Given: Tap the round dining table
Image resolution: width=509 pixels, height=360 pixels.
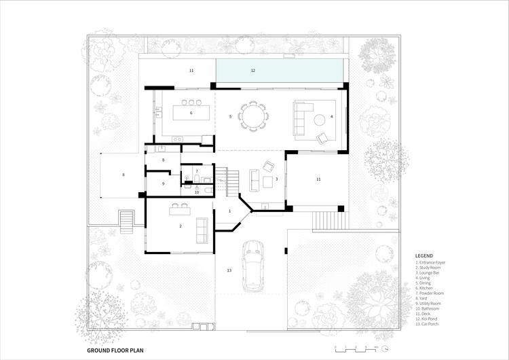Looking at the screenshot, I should [x=254, y=116].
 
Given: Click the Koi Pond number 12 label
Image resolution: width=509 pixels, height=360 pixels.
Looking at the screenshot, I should [x=252, y=70].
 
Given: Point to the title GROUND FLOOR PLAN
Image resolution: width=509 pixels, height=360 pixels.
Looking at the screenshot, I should [x=115, y=350].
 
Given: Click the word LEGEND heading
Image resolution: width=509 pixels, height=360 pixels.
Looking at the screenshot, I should [x=424, y=256].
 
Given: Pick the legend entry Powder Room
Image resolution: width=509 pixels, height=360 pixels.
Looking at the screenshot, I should [x=432, y=290].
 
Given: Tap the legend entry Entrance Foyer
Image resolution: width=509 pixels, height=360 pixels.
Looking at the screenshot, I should [x=434, y=263].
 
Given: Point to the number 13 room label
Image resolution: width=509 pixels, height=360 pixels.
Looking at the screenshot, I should [x=229, y=270].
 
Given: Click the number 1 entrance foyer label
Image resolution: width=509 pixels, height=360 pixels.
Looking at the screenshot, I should [x=229, y=211].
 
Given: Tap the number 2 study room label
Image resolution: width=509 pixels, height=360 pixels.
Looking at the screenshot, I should [x=181, y=226].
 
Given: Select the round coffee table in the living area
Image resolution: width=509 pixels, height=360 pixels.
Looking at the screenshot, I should [x=318, y=120].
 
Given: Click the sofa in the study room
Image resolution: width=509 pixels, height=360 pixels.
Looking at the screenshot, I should [x=202, y=230].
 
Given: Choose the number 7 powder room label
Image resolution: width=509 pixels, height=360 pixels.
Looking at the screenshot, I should [x=196, y=171].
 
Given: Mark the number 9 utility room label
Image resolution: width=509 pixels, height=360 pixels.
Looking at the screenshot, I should [x=163, y=183].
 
